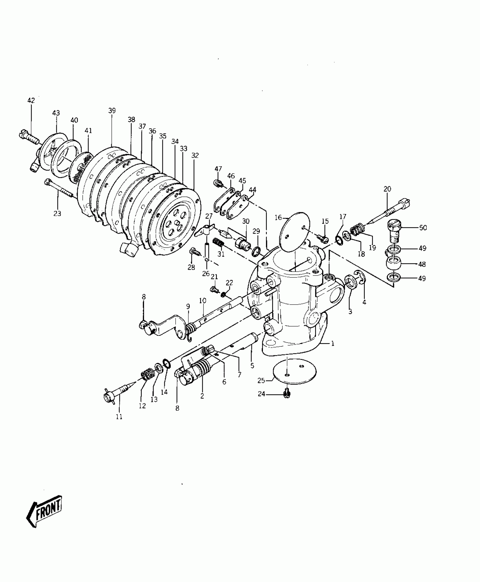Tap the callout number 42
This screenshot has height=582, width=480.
tap(31, 100)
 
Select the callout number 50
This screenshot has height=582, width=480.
tap(423, 228)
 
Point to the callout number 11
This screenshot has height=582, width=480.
tap(119, 417)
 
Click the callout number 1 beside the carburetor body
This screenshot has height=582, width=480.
tap(333, 344)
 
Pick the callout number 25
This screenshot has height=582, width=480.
tap(261, 381)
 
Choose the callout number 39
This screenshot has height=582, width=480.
tap(112, 111)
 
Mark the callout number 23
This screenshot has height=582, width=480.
tap(57, 213)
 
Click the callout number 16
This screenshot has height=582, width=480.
tap(278, 217)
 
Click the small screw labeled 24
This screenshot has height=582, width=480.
tap(287, 393)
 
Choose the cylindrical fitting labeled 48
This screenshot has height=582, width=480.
tap(394, 264)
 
